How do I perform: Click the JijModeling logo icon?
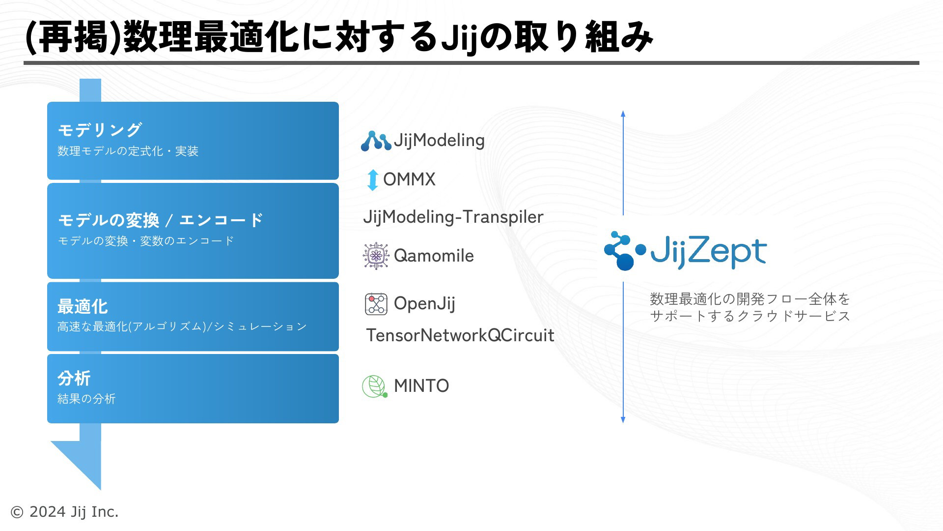point(376,141)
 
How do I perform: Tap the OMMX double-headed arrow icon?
point(373,180)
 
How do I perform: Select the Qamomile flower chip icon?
point(376,256)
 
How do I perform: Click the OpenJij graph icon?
point(376,304)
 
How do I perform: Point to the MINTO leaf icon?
point(375,386)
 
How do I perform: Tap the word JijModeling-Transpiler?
point(453,217)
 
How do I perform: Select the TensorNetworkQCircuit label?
point(460,335)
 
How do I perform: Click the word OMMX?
point(409,179)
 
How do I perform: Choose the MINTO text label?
point(421,386)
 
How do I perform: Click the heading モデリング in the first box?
point(100,130)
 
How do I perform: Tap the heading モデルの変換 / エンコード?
point(161,220)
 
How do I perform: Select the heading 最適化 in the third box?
point(83,306)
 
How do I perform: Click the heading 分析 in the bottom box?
point(74,378)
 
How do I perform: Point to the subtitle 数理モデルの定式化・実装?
point(128,151)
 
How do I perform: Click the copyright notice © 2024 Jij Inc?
point(64,512)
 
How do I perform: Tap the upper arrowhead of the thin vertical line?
point(623,114)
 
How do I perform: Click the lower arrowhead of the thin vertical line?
point(623,420)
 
